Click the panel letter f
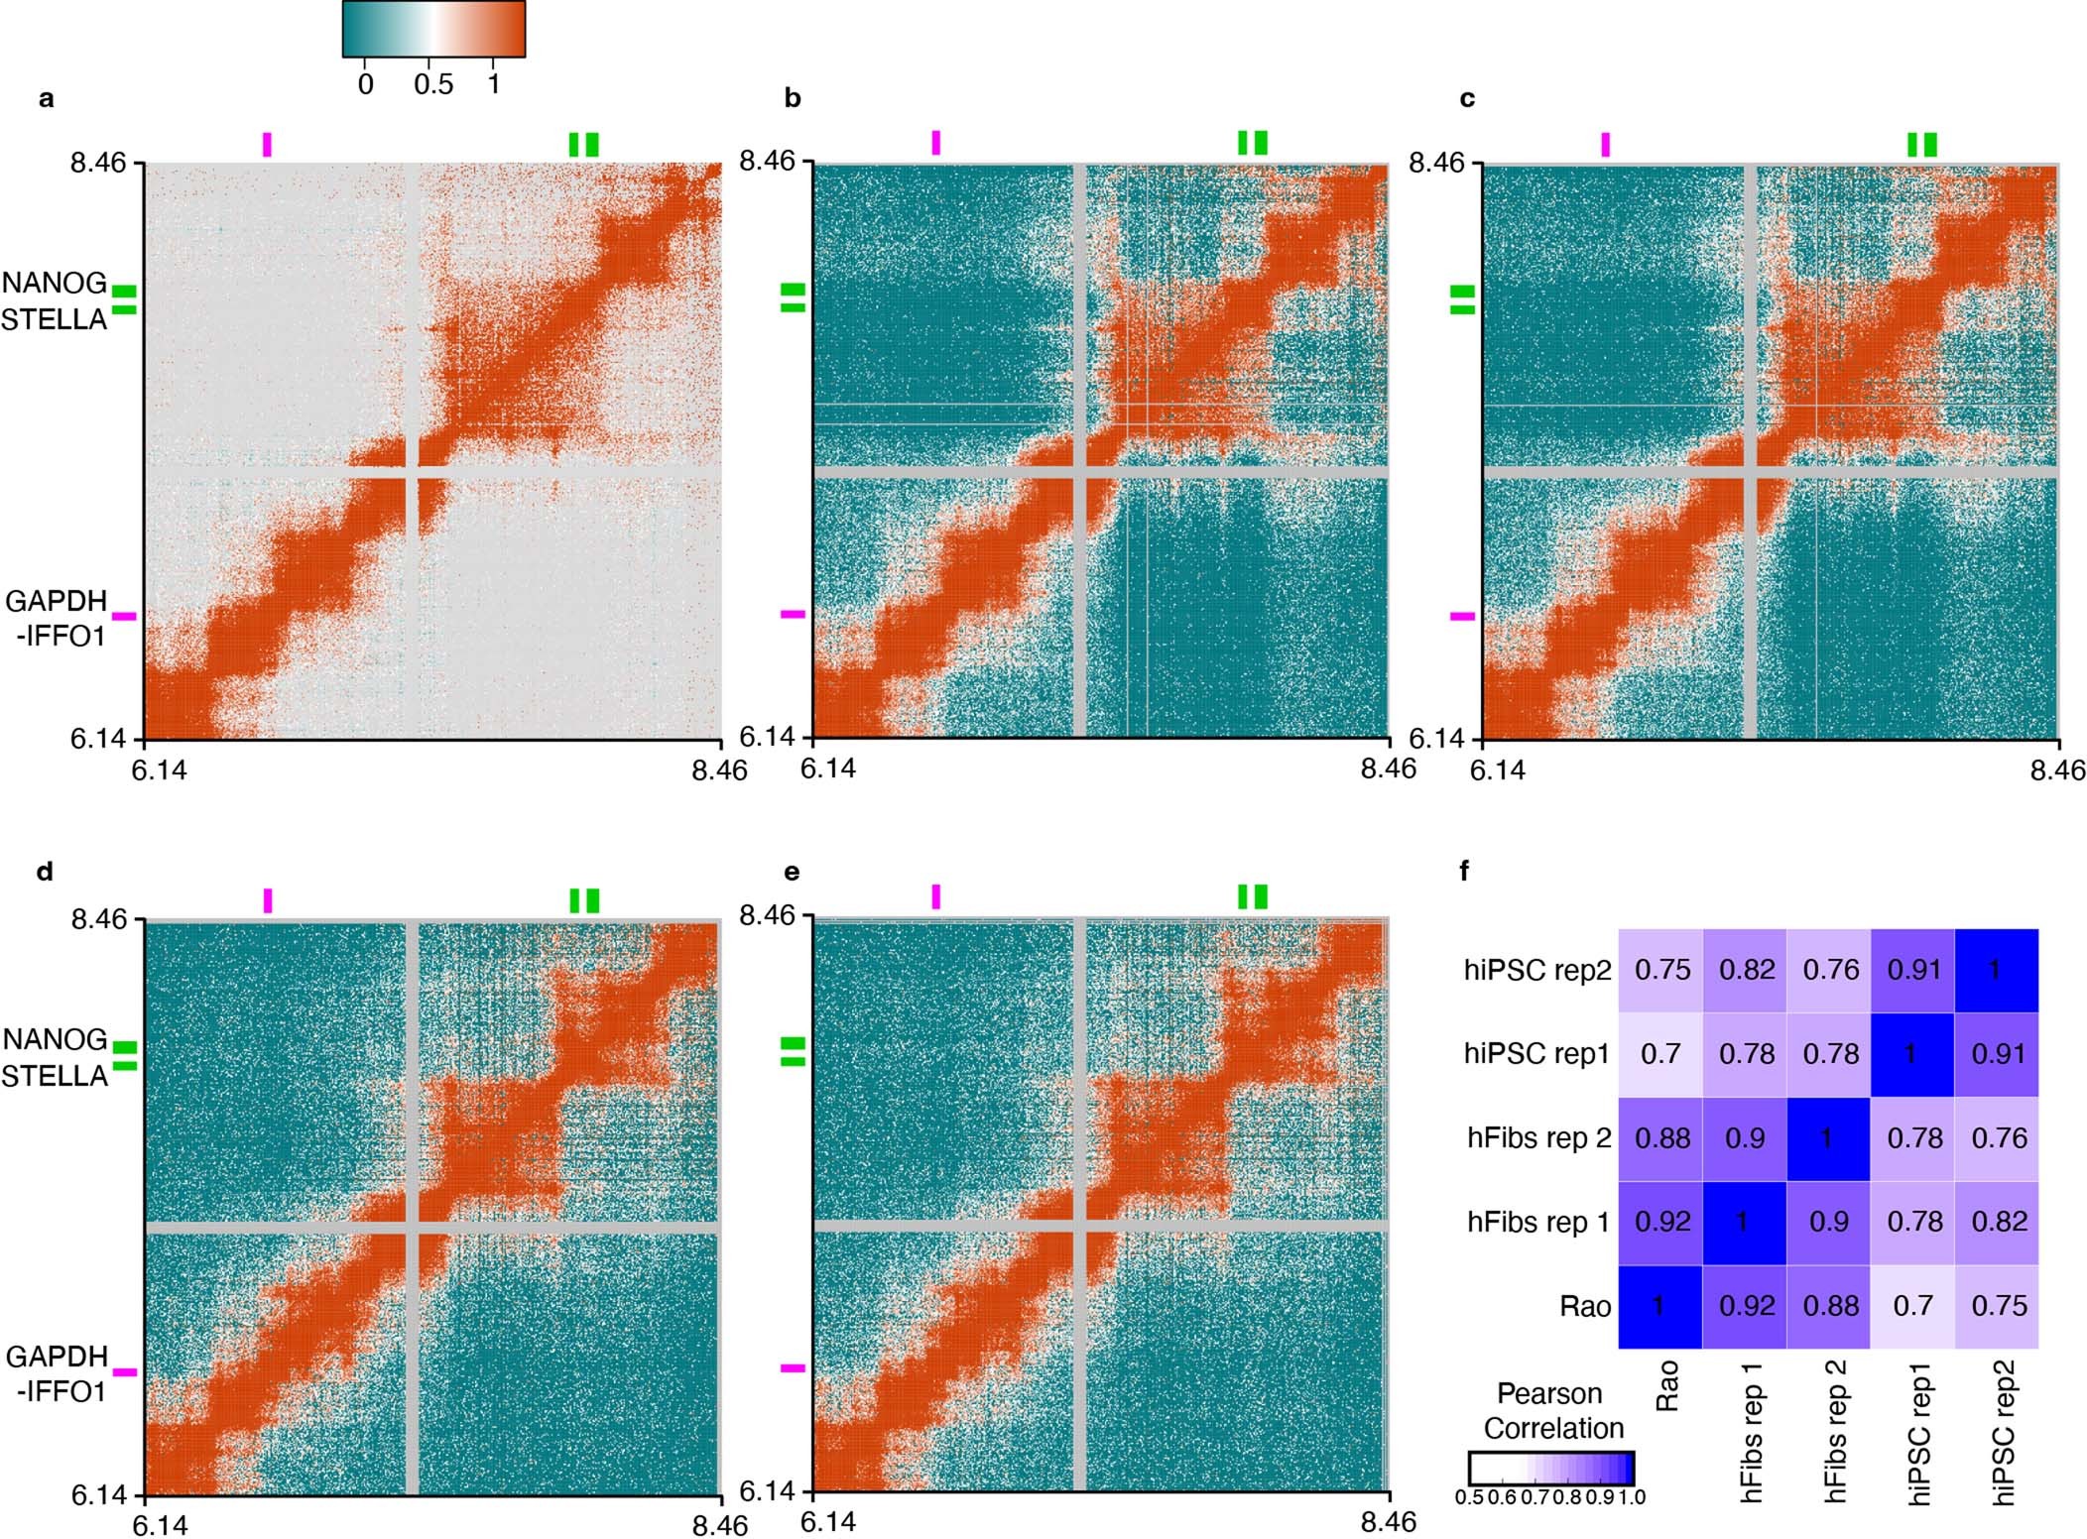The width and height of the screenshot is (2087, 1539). [x=1466, y=872]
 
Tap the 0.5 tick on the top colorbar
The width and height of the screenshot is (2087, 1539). [x=433, y=84]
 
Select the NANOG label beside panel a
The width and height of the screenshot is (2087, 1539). [x=55, y=284]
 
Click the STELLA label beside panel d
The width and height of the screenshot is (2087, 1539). [x=55, y=1076]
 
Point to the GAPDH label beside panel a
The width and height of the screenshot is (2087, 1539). [x=57, y=601]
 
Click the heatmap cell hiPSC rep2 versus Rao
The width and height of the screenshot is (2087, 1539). [x=1661, y=970]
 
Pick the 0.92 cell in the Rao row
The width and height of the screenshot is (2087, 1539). [x=1746, y=1306]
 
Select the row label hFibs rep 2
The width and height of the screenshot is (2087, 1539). [x=1537, y=1138]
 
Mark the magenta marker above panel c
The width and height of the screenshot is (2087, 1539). [x=1605, y=145]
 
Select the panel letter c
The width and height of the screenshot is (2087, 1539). [x=1467, y=99]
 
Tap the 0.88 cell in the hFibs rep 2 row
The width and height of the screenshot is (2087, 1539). [x=1661, y=1138]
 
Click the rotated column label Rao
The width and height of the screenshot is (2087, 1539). [x=1666, y=1385]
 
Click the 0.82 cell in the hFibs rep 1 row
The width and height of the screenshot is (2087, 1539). [x=1998, y=1222]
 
